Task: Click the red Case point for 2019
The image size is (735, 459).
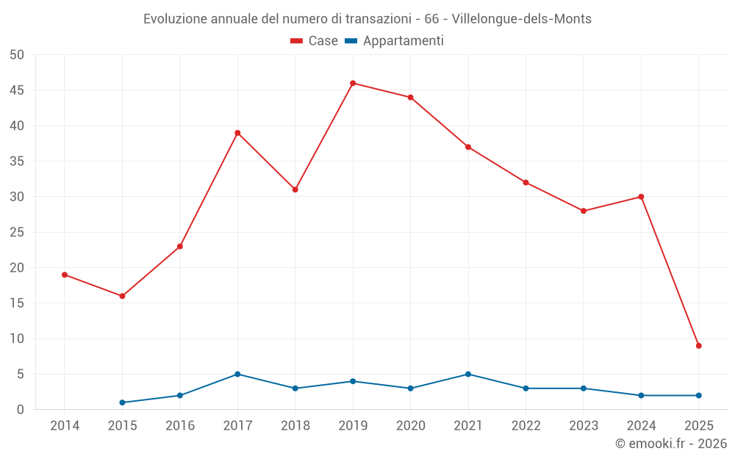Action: [x=353, y=83]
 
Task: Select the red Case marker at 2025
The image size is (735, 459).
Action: [x=698, y=346]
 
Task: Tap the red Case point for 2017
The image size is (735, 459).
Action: [x=237, y=133]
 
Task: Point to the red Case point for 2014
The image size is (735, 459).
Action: [x=65, y=275]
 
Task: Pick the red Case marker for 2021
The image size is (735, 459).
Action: [x=468, y=147]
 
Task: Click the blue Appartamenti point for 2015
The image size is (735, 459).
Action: [x=122, y=402]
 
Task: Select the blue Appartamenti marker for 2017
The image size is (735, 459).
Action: [x=237, y=374]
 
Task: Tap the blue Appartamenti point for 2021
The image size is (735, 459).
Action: [x=468, y=374]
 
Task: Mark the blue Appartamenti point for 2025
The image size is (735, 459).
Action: [x=698, y=395]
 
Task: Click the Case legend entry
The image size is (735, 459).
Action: [x=315, y=41]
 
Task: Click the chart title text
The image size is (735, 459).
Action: [x=367, y=19]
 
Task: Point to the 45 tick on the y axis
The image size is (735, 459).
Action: [x=16, y=90]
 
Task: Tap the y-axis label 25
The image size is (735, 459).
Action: [x=16, y=232]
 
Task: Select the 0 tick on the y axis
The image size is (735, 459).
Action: [x=21, y=410]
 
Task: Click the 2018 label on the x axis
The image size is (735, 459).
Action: [x=295, y=425]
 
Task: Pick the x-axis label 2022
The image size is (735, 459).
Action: [x=526, y=425]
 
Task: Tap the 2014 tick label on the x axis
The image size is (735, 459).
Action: [x=65, y=425]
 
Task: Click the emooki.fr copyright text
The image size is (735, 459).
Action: [x=670, y=444]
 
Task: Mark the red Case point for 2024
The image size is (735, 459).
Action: [x=641, y=197]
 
